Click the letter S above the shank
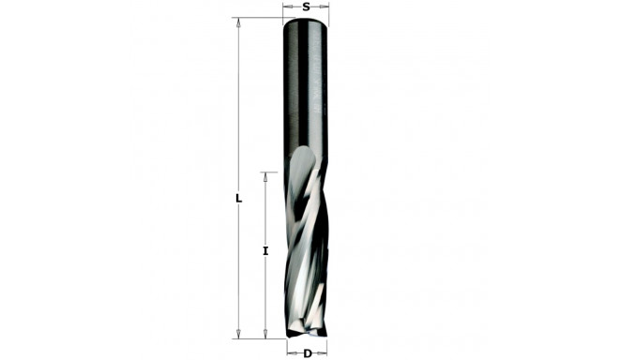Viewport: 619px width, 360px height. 307,7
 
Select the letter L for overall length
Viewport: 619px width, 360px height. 239,199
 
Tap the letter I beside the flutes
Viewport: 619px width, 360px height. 265,250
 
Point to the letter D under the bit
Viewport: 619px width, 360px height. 307,353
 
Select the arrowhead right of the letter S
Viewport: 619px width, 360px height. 325,7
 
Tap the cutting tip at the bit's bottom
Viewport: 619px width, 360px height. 307,332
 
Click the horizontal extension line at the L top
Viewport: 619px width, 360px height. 258,19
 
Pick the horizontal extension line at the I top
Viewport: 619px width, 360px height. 271,172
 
